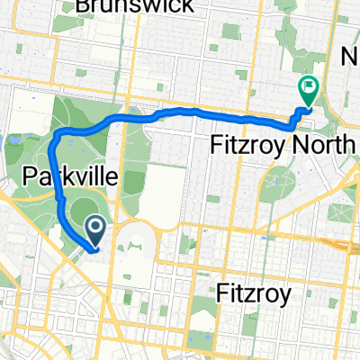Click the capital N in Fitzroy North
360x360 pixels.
(304, 144)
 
